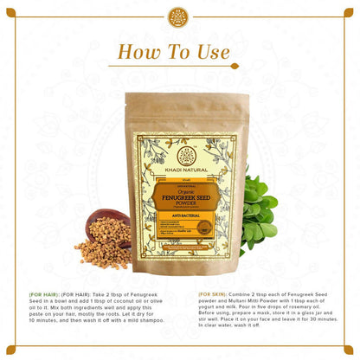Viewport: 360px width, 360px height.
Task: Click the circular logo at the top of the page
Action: (180, 17)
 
